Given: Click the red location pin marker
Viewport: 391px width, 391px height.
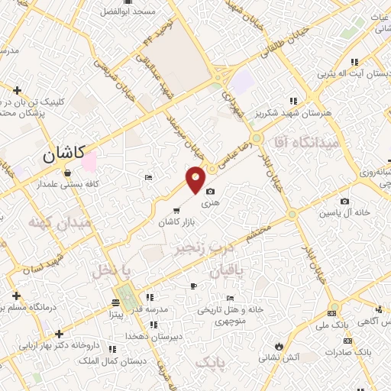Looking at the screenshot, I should click(x=195, y=179).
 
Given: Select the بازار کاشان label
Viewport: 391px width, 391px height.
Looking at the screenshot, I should click(x=173, y=222).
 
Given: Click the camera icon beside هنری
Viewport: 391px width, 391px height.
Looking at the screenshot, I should click(x=211, y=192).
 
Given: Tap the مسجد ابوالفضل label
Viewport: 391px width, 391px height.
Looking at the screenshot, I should click(x=135, y=12).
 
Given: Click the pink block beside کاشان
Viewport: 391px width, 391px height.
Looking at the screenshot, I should click(x=89, y=162).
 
